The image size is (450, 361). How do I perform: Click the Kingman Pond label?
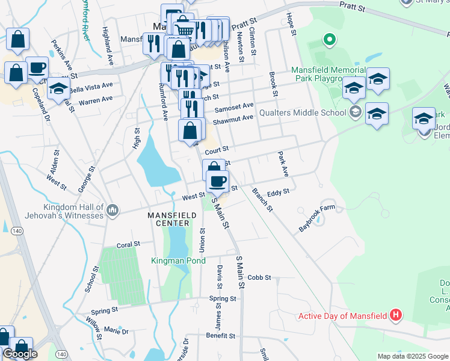point(178,261)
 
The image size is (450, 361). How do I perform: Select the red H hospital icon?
point(395,314)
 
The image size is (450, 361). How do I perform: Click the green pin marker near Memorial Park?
point(329,41)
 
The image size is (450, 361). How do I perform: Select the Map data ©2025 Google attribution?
point(412,356)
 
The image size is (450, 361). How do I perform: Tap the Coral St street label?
point(128,245)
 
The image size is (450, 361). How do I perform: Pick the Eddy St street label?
point(279,191)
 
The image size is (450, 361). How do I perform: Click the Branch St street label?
point(262,200)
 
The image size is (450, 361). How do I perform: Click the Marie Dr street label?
point(116,331)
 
